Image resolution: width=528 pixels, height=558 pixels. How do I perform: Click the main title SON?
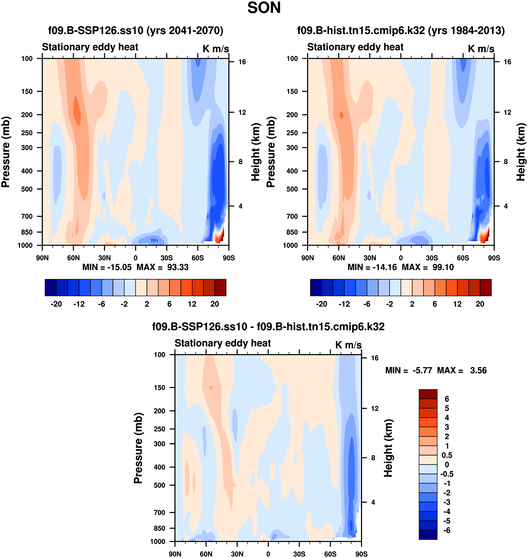264,8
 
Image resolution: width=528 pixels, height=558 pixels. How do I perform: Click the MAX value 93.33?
178,267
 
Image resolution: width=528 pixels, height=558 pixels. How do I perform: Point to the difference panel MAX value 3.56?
478,370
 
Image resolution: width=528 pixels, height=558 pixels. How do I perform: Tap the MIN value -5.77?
422,370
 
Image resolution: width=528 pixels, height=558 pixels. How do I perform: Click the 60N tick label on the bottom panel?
206,554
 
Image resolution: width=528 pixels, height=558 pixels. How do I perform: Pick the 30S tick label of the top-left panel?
167,258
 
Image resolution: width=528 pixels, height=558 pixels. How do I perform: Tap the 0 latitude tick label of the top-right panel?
401,258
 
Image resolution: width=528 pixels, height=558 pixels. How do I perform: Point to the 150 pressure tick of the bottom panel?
159,387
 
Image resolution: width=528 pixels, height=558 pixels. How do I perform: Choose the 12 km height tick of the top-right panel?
507,113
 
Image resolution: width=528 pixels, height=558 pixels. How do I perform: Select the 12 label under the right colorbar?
457,304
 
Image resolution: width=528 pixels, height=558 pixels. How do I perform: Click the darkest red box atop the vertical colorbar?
428,394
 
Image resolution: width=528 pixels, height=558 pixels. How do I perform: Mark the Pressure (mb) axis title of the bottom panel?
138,448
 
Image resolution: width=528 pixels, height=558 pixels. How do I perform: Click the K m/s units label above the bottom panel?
348,345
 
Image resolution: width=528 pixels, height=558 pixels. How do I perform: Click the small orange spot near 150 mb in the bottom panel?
211,388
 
